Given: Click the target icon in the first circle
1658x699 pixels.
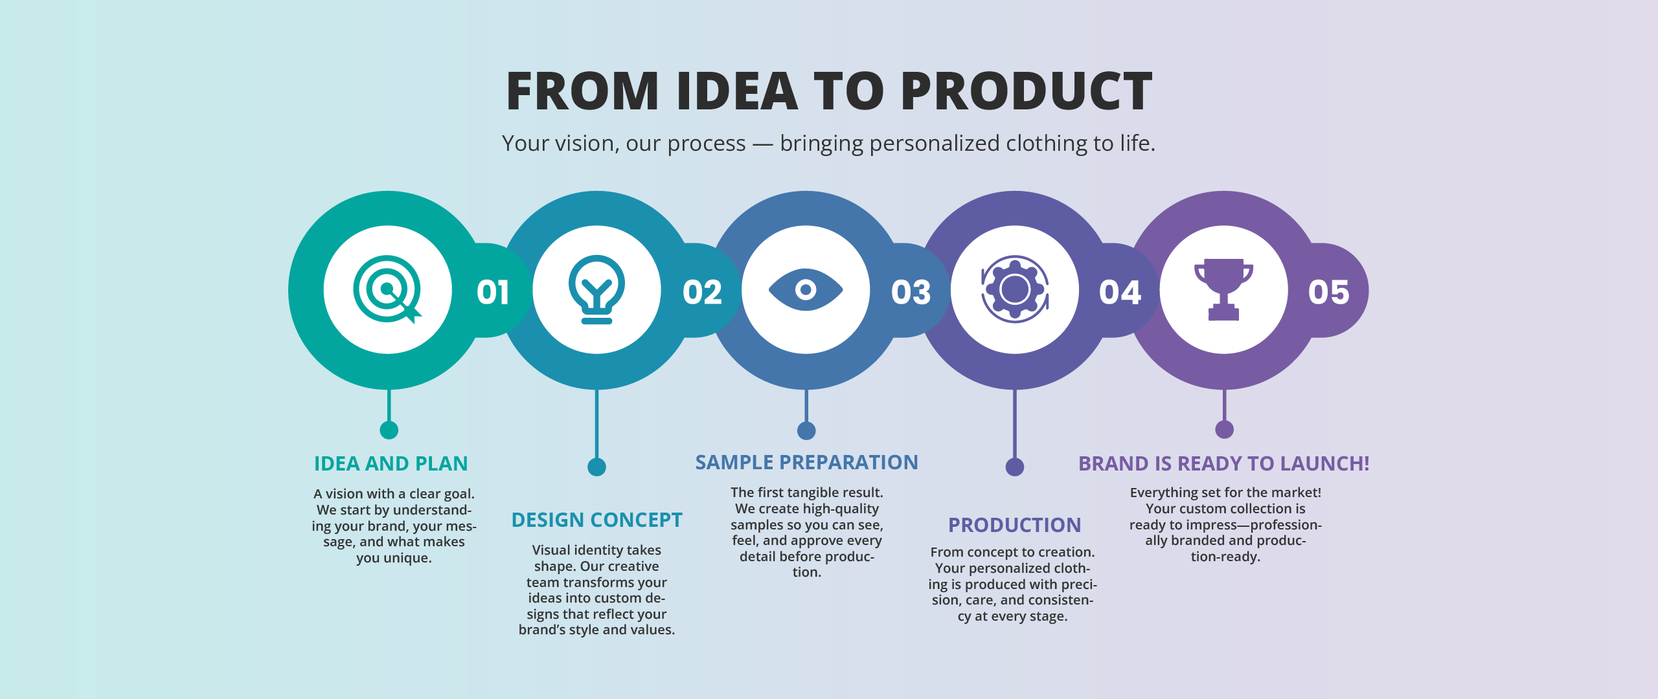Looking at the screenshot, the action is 387,289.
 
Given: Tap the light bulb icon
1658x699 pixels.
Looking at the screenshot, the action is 596,289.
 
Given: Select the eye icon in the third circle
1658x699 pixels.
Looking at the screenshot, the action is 806,289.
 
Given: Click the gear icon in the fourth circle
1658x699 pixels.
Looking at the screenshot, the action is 1015,289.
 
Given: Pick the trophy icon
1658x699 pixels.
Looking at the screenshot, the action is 1223,289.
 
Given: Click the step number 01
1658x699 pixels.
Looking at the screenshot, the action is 493,292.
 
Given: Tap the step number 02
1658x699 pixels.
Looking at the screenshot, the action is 702,292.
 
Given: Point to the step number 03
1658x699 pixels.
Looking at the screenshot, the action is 911,292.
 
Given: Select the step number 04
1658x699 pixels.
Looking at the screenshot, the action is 1120,292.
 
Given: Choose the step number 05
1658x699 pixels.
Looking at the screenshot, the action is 1329,292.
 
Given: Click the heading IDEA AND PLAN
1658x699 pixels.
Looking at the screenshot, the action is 391,463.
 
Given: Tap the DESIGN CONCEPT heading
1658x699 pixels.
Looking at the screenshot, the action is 596,520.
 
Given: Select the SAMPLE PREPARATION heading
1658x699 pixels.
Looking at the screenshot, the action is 806,462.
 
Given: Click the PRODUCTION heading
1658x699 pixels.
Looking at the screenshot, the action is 1014,525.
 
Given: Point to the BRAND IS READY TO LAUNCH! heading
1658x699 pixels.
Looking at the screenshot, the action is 1223,463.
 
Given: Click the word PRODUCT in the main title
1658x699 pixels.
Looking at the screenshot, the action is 1027,91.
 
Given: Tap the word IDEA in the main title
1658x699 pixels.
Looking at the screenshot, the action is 736,91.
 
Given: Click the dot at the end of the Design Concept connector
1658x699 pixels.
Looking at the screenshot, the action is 596,467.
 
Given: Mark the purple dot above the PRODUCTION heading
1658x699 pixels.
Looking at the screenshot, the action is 1015,467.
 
